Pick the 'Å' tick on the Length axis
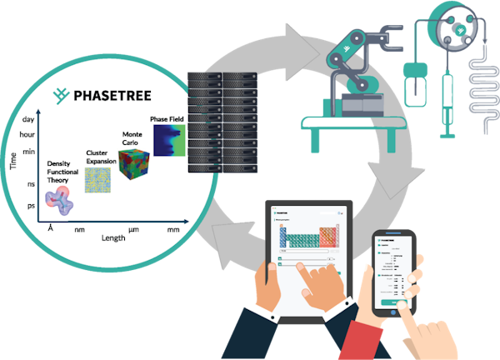tap(51, 226)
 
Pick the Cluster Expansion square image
tap(97, 182)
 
